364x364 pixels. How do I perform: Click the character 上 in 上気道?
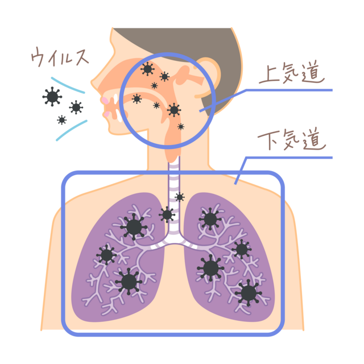[267, 75]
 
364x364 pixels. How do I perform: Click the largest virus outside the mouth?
[52, 97]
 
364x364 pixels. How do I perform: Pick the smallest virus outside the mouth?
[61, 120]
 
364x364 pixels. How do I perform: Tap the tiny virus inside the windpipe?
[180, 197]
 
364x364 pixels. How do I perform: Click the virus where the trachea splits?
[167, 214]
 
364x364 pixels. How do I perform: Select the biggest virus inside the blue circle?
[173, 109]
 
